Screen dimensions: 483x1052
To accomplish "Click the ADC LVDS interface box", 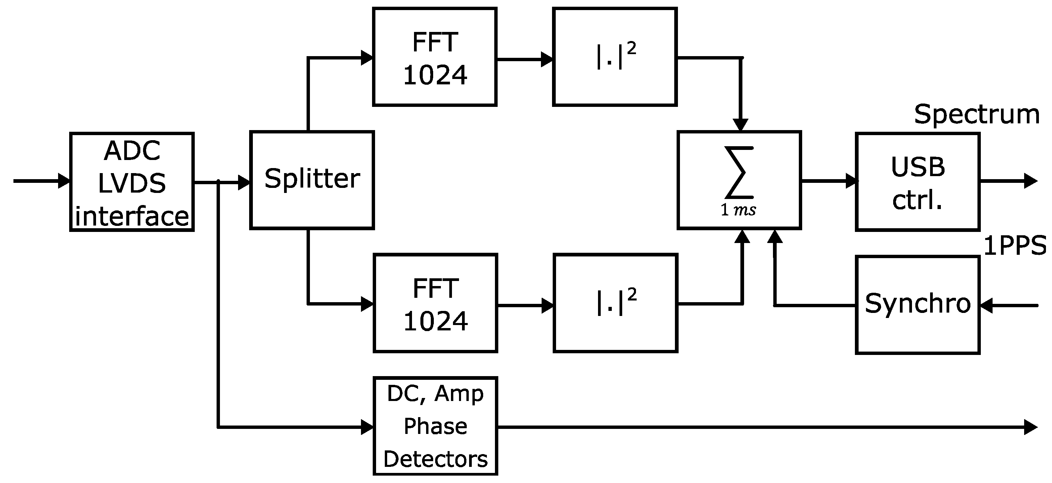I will click(132, 182).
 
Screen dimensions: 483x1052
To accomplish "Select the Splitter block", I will click(312, 180).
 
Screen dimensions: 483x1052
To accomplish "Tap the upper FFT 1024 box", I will click(434, 57).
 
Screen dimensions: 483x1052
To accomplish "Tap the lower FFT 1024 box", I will click(435, 303).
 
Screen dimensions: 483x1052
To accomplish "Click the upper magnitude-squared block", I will click(614, 57).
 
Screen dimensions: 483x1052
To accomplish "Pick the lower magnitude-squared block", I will click(615, 303).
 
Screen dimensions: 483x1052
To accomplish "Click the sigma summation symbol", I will click(739, 172).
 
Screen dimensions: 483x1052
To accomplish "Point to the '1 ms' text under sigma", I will click(738, 210).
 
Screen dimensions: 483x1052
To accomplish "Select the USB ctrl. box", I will click(917, 182).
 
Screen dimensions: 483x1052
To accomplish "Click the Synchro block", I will click(917, 305).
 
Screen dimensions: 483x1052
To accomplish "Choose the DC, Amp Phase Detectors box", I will click(435, 426).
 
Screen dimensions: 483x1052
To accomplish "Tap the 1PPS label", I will click(1014, 246).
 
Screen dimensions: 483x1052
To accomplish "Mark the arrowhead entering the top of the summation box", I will click(740, 124).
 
